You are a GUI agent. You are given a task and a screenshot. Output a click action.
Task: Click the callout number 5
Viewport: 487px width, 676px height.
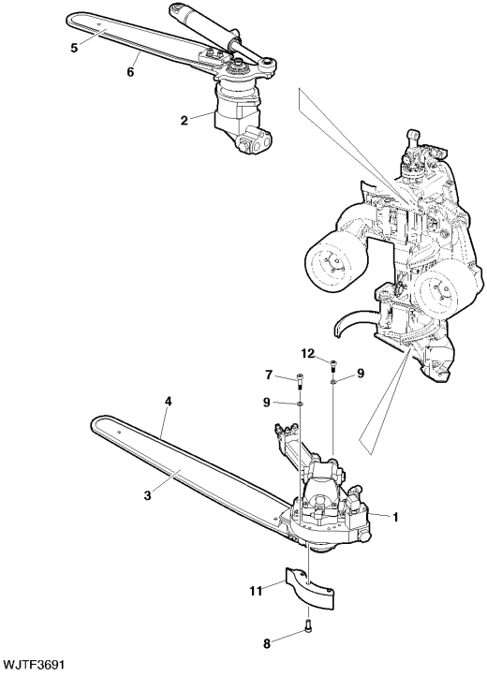click(x=75, y=48)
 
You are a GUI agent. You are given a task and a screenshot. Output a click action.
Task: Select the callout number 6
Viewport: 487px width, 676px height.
click(x=130, y=71)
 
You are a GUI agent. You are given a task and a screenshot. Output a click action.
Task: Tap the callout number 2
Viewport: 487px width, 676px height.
click(x=184, y=120)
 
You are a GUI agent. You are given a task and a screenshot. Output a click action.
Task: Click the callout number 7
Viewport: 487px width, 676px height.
click(x=268, y=375)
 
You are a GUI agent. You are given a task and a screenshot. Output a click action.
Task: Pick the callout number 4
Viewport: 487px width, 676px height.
click(x=169, y=402)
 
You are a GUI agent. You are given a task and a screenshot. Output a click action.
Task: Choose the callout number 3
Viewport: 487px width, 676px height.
click(x=148, y=496)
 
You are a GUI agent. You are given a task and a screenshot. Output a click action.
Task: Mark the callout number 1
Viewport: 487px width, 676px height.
click(x=395, y=517)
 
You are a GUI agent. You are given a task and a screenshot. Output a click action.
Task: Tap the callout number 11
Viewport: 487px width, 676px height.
click(x=257, y=591)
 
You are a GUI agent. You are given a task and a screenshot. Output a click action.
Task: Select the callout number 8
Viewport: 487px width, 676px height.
click(x=267, y=644)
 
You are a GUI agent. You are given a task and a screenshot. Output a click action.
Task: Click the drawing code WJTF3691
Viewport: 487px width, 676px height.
click(x=34, y=664)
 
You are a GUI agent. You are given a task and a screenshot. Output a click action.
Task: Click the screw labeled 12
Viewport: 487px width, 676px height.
click(x=333, y=366)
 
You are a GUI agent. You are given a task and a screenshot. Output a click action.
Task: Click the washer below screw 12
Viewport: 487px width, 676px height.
click(x=333, y=381)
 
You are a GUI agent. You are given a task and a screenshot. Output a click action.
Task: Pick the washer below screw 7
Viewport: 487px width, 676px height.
click(x=300, y=404)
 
